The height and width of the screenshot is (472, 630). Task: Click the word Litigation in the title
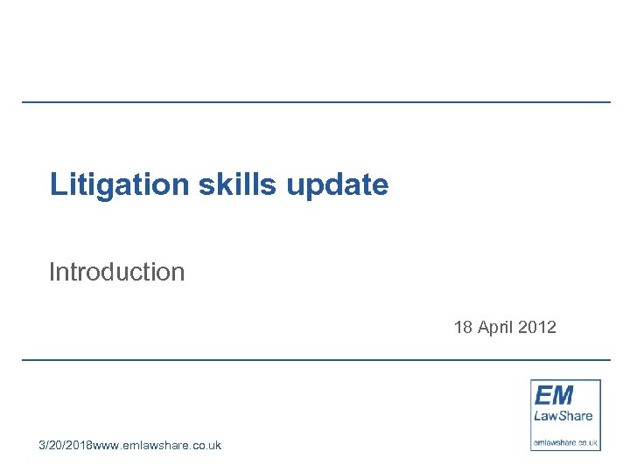pos(119,184)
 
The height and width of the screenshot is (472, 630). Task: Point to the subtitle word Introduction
pos(116,272)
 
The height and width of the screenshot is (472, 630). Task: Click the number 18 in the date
pos(463,328)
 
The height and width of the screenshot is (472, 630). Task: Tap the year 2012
pos(536,328)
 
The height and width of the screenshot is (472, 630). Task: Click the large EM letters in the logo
pos(554,394)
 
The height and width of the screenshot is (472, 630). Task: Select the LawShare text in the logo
pos(563,415)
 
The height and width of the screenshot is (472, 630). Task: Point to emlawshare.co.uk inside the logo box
pos(565,442)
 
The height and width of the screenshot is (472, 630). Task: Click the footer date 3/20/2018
pos(65,445)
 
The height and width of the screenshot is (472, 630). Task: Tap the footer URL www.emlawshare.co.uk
pos(157,445)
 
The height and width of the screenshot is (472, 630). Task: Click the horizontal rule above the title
pos(315,102)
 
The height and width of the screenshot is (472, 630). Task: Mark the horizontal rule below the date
pos(315,359)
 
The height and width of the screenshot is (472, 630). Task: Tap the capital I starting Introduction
pos(52,272)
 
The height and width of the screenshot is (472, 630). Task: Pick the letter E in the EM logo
pos(542,394)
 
